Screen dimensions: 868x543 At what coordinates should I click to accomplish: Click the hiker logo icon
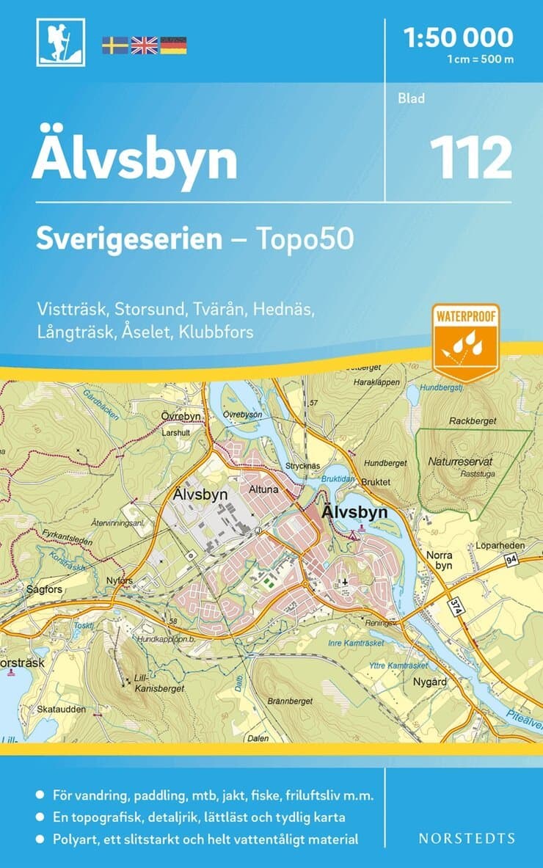[x=60, y=43]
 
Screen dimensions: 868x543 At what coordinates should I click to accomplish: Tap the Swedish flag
[x=114, y=45]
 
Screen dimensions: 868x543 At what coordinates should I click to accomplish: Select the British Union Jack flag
[x=144, y=45]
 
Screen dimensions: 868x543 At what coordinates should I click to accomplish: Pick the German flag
[x=173, y=45]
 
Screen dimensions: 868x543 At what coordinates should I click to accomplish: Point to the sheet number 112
[x=470, y=158]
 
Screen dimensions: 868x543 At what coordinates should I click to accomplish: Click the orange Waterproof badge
[x=465, y=342]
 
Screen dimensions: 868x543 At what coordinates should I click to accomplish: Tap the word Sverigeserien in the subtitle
[x=129, y=239]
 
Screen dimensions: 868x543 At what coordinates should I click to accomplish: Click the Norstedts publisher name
[x=467, y=838]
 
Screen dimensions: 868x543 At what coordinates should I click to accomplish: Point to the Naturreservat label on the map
[x=459, y=463]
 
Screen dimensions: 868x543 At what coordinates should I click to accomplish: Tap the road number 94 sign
[x=511, y=561]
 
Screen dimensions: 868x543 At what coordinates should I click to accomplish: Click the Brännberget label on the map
[x=290, y=701]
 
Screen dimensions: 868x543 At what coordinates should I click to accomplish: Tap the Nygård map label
[x=431, y=682]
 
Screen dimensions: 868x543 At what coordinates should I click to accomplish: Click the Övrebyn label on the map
[x=181, y=415]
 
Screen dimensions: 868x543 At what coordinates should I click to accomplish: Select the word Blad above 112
[x=411, y=98]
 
